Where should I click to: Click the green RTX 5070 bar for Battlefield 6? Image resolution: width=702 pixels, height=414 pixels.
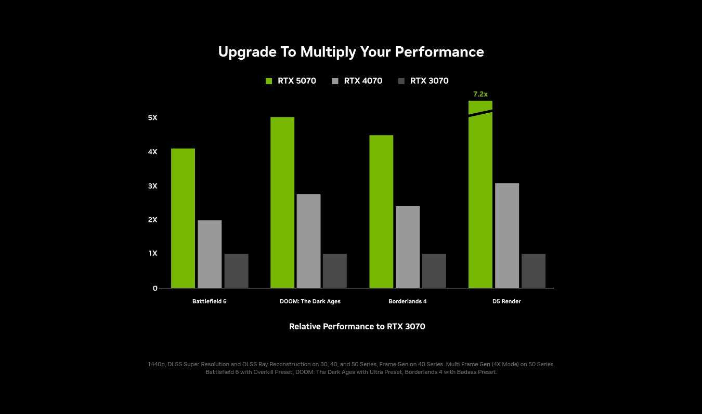(x=183, y=218)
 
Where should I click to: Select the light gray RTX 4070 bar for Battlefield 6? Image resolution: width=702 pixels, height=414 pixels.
(x=210, y=254)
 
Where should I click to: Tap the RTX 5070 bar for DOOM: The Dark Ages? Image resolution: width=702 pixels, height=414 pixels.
(x=282, y=203)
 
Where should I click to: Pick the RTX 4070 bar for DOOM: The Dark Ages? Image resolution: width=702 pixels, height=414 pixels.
(x=308, y=241)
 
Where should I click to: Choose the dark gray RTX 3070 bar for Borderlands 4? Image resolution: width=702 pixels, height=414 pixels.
(x=434, y=271)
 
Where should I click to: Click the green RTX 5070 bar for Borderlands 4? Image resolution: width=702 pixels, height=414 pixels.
(x=381, y=211)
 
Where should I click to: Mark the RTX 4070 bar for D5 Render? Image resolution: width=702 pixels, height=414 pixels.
(x=507, y=235)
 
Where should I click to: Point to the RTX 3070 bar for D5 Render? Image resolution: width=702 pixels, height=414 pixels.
(x=534, y=271)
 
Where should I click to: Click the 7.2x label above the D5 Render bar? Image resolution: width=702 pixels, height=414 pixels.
(x=480, y=94)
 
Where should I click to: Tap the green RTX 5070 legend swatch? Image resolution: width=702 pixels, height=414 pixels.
(x=269, y=81)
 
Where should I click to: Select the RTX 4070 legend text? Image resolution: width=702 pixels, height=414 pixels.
(x=363, y=81)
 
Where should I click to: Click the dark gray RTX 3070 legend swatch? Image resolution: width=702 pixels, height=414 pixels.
(x=401, y=81)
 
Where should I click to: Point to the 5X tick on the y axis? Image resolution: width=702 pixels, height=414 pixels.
(x=152, y=118)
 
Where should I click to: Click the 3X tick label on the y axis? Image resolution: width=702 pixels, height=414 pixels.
(x=152, y=186)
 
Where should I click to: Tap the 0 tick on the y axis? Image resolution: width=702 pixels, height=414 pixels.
(x=155, y=288)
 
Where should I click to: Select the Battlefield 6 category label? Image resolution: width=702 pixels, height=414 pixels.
(x=210, y=301)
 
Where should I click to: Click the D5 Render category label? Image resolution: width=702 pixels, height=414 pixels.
(x=506, y=301)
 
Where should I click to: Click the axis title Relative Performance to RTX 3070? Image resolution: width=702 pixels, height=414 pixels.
(x=357, y=327)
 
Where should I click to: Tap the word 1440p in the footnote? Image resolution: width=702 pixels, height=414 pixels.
(x=157, y=365)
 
